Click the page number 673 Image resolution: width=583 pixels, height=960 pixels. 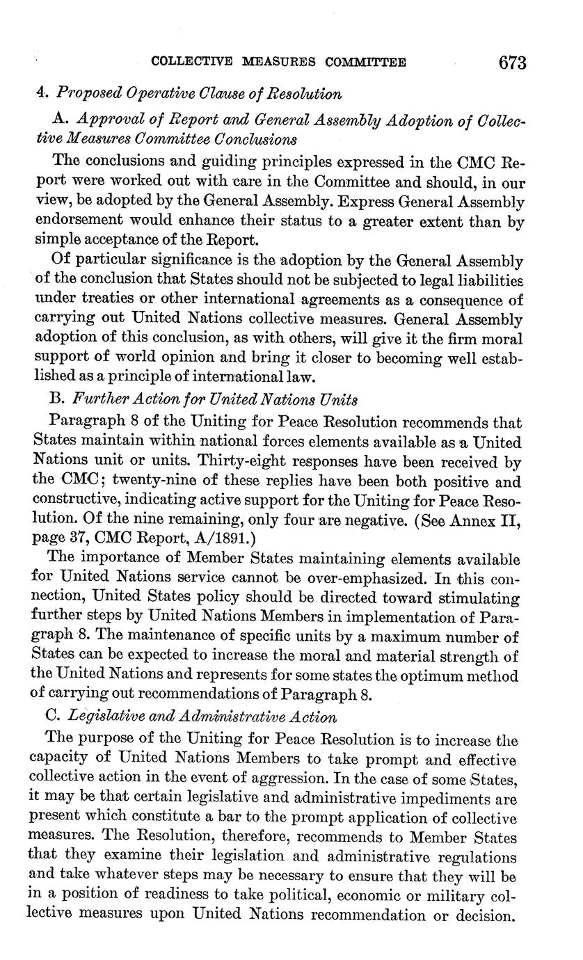(x=512, y=63)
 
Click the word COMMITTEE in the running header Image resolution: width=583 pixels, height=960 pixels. (x=362, y=63)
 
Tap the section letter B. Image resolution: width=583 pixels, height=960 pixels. (x=58, y=400)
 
